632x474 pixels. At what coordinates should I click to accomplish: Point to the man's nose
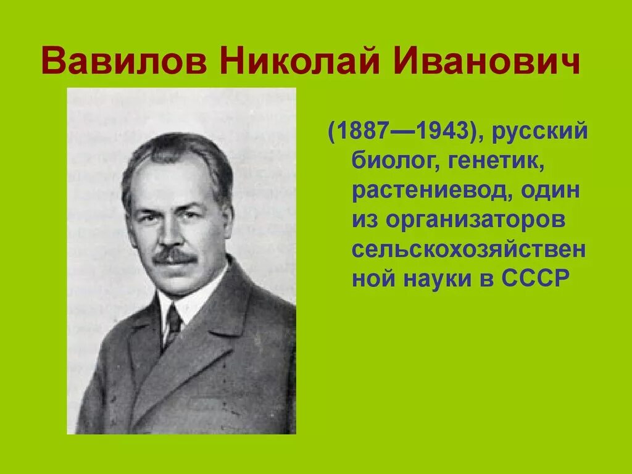[174, 235]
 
